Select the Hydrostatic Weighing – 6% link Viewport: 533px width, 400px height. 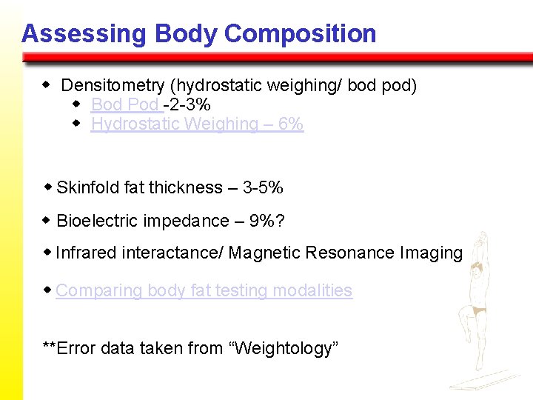click(197, 124)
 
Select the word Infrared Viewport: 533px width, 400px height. click(86, 253)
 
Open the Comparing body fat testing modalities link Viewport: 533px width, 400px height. click(204, 290)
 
